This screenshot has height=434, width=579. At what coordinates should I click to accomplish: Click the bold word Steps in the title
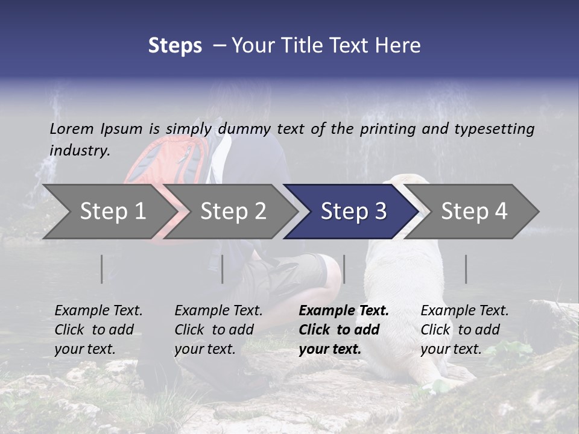pyautogui.click(x=175, y=46)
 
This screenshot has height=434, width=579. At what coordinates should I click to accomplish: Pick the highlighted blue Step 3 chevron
pyautogui.click(x=353, y=212)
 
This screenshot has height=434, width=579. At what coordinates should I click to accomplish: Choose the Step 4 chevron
pyautogui.click(x=474, y=212)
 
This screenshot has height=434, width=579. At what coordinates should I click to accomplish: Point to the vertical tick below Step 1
pyautogui.click(x=102, y=269)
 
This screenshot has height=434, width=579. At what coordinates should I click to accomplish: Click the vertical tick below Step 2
pyautogui.click(x=223, y=269)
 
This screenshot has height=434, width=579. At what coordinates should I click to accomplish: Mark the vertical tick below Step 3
pyautogui.click(x=344, y=269)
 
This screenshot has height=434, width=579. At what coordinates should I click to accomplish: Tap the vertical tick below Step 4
pyautogui.click(x=466, y=269)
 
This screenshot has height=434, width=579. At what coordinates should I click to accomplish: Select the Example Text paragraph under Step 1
pyautogui.click(x=98, y=330)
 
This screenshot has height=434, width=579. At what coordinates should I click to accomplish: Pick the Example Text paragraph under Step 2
pyautogui.click(x=218, y=330)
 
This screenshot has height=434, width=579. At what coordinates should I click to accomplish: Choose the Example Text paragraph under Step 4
pyautogui.click(x=464, y=330)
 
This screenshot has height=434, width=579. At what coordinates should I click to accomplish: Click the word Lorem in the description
pyautogui.click(x=71, y=129)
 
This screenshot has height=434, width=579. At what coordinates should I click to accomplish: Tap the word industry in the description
pyautogui.click(x=79, y=151)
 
